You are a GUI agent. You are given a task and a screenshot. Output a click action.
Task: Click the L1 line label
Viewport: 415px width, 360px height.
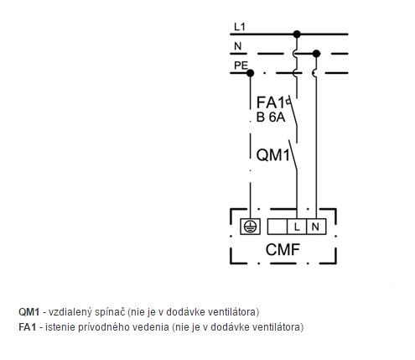[240, 27]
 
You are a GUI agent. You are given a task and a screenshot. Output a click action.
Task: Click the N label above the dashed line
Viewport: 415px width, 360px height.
[238, 46]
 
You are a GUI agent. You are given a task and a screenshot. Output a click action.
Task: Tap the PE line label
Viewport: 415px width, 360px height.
[241, 65]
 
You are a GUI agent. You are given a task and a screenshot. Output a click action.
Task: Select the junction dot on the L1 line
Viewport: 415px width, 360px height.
[297, 34]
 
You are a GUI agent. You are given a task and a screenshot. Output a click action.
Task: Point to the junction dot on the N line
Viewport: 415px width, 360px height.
[316, 54]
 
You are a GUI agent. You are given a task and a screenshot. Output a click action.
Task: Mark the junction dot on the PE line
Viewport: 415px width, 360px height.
[250, 73]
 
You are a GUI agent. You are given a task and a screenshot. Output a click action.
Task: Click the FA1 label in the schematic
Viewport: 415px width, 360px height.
[270, 102]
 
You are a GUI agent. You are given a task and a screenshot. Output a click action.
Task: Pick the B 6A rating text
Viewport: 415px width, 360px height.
[271, 117]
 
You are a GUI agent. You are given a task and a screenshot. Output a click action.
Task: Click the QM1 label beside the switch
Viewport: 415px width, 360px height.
[273, 154]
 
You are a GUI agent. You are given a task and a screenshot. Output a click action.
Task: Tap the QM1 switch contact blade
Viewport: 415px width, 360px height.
[293, 155]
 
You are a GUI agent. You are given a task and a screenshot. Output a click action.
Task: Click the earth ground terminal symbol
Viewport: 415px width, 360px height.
[250, 227]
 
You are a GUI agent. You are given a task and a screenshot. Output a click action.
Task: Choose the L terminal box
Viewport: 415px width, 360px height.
[297, 227]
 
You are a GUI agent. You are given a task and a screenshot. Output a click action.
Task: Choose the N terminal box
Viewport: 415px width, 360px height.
[316, 227]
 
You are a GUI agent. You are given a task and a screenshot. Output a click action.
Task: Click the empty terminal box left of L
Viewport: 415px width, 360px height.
[278, 227]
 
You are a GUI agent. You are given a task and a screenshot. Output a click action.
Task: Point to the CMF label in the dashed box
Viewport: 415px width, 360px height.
[283, 249]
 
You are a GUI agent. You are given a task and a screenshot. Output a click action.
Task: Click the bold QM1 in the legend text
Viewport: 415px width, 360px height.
[29, 312]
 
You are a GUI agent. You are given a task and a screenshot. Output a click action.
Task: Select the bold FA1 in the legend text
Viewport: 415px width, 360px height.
[28, 327]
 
